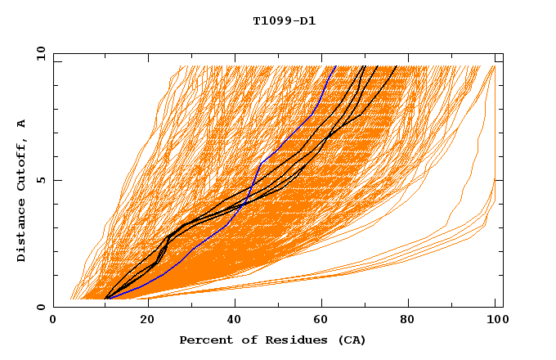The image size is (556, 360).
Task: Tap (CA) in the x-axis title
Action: click(x=352, y=340)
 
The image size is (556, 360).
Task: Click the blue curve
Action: click(x=260, y=164)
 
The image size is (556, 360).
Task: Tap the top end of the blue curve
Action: click(x=335, y=65)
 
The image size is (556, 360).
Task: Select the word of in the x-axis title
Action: click(x=244, y=340)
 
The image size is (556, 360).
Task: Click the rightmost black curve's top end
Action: click(x=397, y=65)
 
